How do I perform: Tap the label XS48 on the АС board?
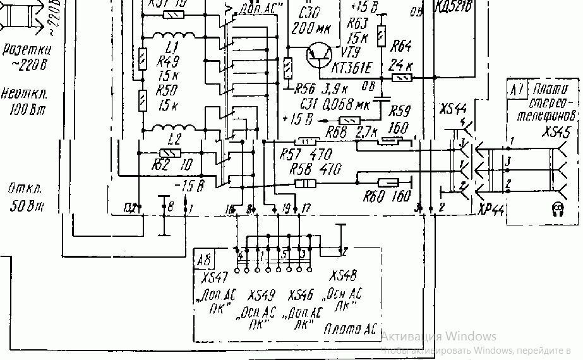[x=343, y=276]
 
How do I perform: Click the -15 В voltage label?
[x=191, y=186]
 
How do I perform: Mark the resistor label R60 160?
[x=386, y=197]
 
